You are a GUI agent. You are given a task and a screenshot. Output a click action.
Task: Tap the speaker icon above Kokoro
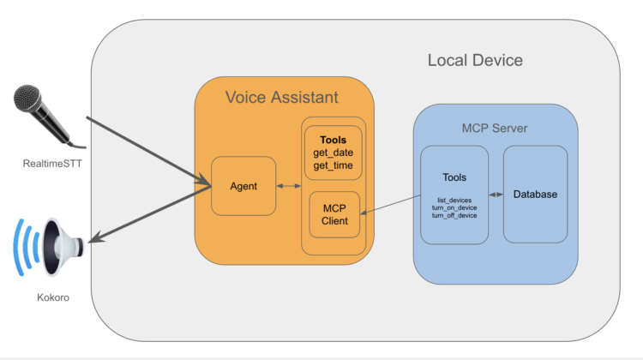pyautogui.click(x=51, y=249)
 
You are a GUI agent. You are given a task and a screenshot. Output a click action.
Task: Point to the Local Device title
pyautogui.click(x=475, y=61)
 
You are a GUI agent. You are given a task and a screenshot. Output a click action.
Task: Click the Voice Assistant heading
pyautogui.click(x=281, y=97)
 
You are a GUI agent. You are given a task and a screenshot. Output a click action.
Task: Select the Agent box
pyautogui.click(x=243, y=185)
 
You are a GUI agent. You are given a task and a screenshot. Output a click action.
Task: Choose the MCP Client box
pyautogui.click(x=334, y=215)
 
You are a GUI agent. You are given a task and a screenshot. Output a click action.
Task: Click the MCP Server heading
pyautogui.click(x=494, y=128)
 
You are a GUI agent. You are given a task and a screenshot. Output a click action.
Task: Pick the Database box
pyautogui.click(x=535, y=195)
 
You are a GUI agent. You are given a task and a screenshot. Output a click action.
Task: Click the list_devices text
pyautogui.click(x=454, y=199)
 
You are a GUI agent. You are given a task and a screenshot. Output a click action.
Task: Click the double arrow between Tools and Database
pyautogui.click(x=496, y=195)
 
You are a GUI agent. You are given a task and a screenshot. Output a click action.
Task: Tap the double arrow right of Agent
pyautogui.click(x=289, y=185)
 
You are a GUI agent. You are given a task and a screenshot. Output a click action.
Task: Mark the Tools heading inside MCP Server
pyautogui.click(x=454, y=177)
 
